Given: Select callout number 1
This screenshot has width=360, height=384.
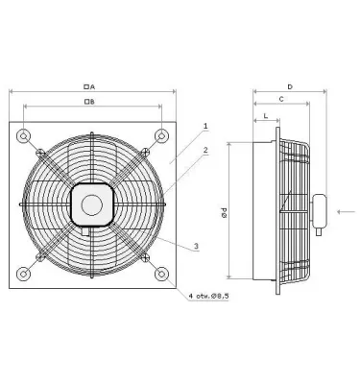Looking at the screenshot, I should [205, 126].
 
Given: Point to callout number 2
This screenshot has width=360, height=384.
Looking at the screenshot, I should [205, 149].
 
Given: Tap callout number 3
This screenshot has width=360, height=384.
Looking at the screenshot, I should [197, 247].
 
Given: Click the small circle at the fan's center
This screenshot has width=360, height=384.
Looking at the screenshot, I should [91, 203].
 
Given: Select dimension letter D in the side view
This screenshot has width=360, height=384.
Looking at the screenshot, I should [289, 86].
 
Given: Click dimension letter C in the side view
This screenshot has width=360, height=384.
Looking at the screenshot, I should [279, 100].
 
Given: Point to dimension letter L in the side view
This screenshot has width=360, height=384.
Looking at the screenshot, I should [264, 117].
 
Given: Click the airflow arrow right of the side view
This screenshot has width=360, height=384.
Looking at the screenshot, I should [347, 209].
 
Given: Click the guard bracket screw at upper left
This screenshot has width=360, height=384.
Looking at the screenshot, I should [39, 152].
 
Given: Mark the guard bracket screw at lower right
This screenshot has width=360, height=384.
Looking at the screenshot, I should [143, 257].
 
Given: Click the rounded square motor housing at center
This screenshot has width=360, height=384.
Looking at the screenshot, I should [91, 203].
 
